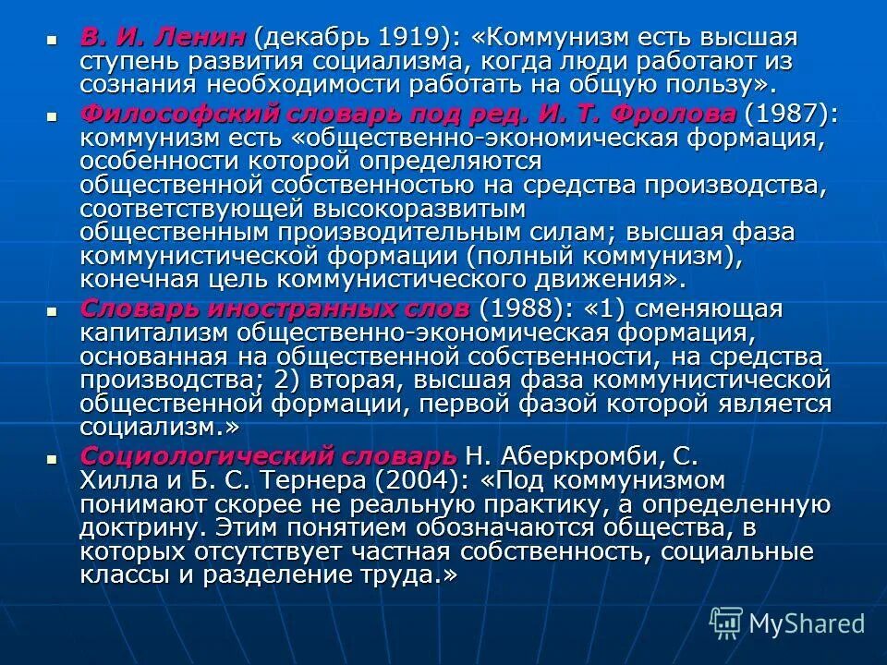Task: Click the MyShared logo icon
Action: click(726, 623)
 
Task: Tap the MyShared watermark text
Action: click(807, 623)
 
